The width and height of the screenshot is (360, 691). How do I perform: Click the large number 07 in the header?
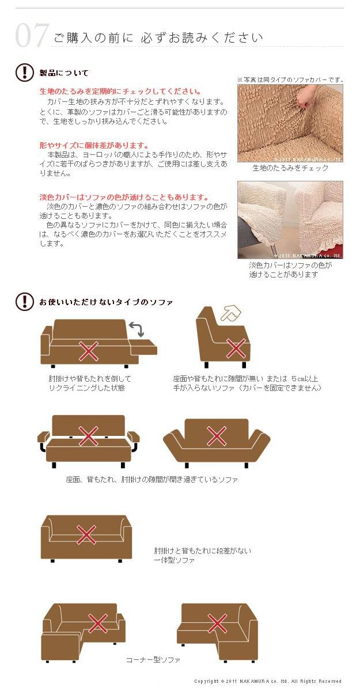pos(32,36)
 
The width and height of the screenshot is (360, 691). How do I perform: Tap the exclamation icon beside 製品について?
pos(24,73)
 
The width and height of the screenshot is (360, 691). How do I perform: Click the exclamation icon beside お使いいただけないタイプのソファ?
pos(24,301)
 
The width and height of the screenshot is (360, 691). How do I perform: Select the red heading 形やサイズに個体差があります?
pos(94,145)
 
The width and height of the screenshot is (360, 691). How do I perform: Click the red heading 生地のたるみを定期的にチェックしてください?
pos(120,92)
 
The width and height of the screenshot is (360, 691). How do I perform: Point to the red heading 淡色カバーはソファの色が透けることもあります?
pos(124,197)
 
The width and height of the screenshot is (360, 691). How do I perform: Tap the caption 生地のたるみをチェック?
pos(290,168)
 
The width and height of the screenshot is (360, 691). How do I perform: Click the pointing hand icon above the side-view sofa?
pos(231,313)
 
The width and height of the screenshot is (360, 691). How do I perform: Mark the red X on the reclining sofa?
pos(89,351)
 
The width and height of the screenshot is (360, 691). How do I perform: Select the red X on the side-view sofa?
pos(236,348)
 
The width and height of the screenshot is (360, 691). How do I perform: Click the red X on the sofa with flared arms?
pos(217,436)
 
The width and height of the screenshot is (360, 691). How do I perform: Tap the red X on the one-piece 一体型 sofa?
pos(86,534)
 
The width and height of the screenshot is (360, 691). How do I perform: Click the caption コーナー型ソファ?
pos(153,660)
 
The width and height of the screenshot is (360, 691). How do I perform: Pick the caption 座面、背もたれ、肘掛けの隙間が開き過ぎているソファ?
pos(151,479)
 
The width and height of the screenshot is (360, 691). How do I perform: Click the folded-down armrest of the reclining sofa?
pos(144,347)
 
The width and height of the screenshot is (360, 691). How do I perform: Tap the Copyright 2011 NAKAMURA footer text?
pos(268,681)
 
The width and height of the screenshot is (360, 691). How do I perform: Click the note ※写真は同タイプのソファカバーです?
pos(290,80)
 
